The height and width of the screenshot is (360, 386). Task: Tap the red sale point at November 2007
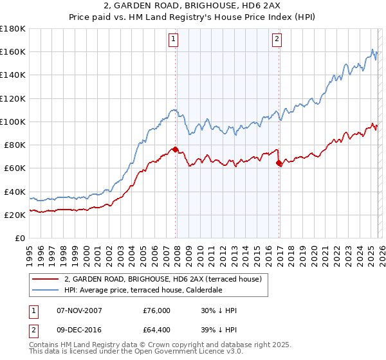[x=175, y=150]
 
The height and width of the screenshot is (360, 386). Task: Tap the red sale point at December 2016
[x=279, y=163]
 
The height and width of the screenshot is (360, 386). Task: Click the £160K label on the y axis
[x=13, y=51]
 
